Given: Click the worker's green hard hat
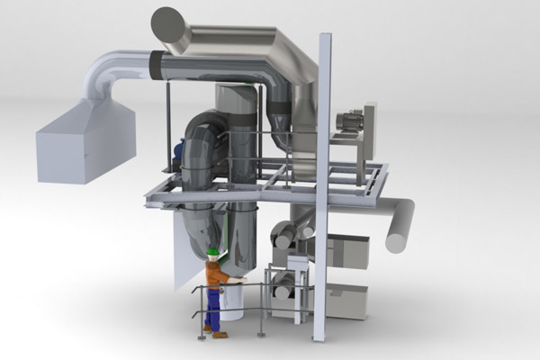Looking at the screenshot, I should [213, 251].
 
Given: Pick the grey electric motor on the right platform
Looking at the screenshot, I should [348, 121].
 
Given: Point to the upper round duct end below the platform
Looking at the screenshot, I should [283, 236].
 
